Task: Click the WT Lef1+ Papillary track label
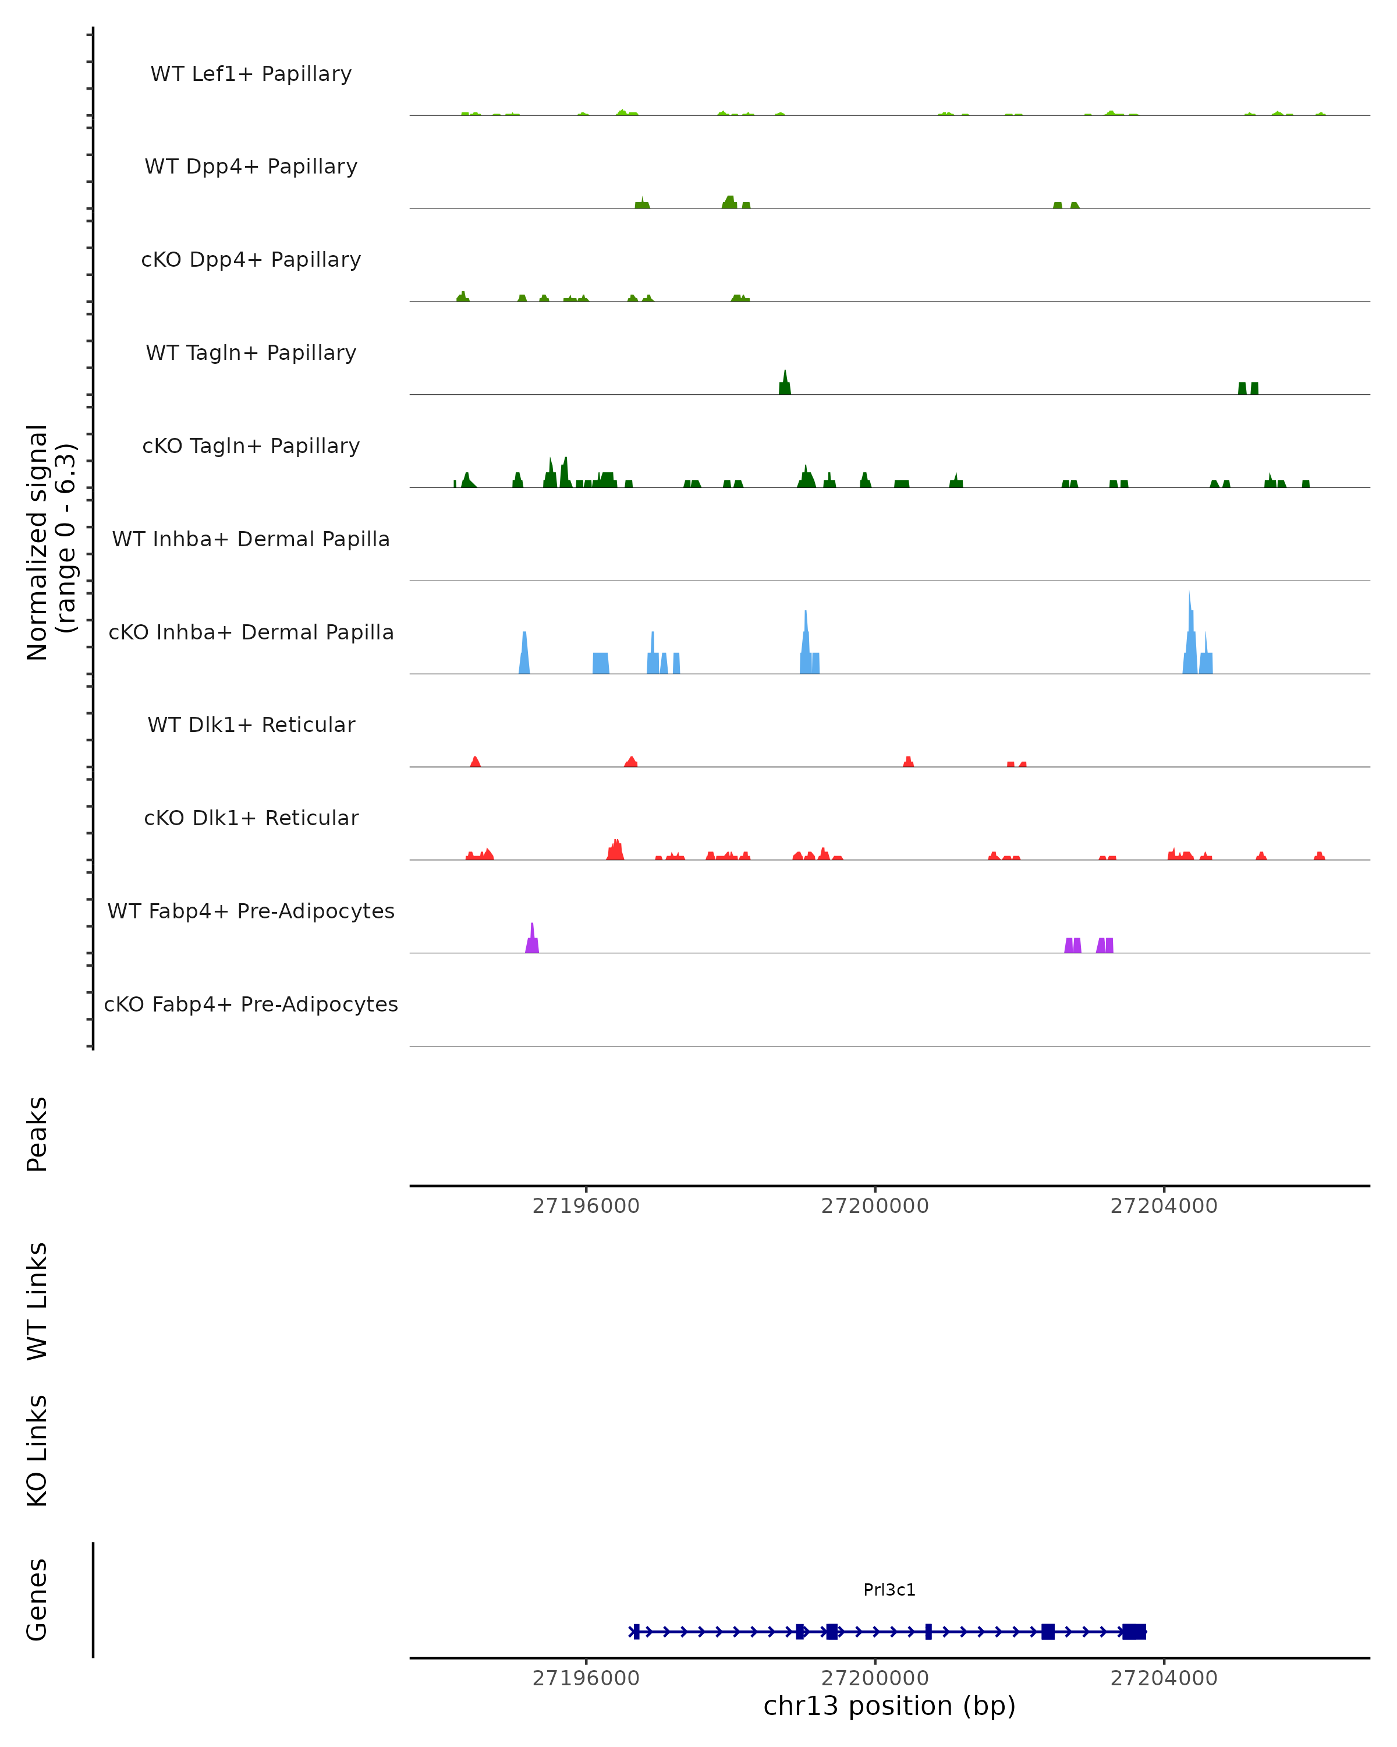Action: pos(251,74)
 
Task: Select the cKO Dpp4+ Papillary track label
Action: pos(251,260)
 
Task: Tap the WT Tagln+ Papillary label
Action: pos(251,353)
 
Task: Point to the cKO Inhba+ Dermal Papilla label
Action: pos(251,633)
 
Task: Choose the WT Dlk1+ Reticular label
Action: pos(251,725)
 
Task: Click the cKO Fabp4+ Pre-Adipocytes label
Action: pos(251,1005)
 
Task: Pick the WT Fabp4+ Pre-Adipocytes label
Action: pos(251,911)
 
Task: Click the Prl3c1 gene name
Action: pos(889,1590)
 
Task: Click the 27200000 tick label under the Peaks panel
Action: pos(875,1206)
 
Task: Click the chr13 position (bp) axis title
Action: pos(889,1706)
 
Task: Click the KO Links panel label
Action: pos(37,1451)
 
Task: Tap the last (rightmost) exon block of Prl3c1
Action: pos(1134,1631)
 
